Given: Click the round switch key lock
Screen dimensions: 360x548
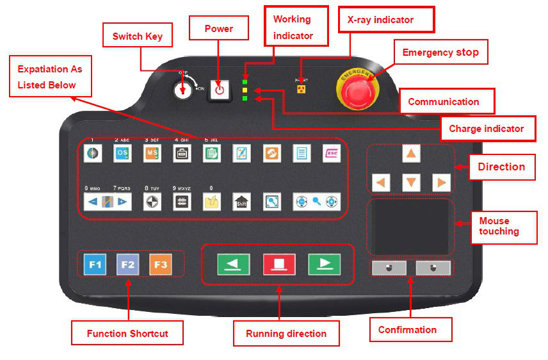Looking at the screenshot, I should point(182,90).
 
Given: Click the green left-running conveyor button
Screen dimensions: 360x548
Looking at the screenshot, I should point(233,264).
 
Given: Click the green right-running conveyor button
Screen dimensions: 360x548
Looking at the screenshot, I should point(324,264).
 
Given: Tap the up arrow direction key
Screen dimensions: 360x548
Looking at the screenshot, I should point(411,154).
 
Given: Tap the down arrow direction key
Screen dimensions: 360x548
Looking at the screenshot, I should point(411,183).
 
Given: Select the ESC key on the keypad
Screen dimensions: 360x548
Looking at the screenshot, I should point(332,154).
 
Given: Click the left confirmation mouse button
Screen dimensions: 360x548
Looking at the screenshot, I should point(389,268).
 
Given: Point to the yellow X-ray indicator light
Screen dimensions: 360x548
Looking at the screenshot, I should point(300,89).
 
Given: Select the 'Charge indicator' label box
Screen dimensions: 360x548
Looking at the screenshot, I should point(486,129).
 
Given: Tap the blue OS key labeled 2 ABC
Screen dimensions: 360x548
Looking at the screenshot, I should point(122,154).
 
